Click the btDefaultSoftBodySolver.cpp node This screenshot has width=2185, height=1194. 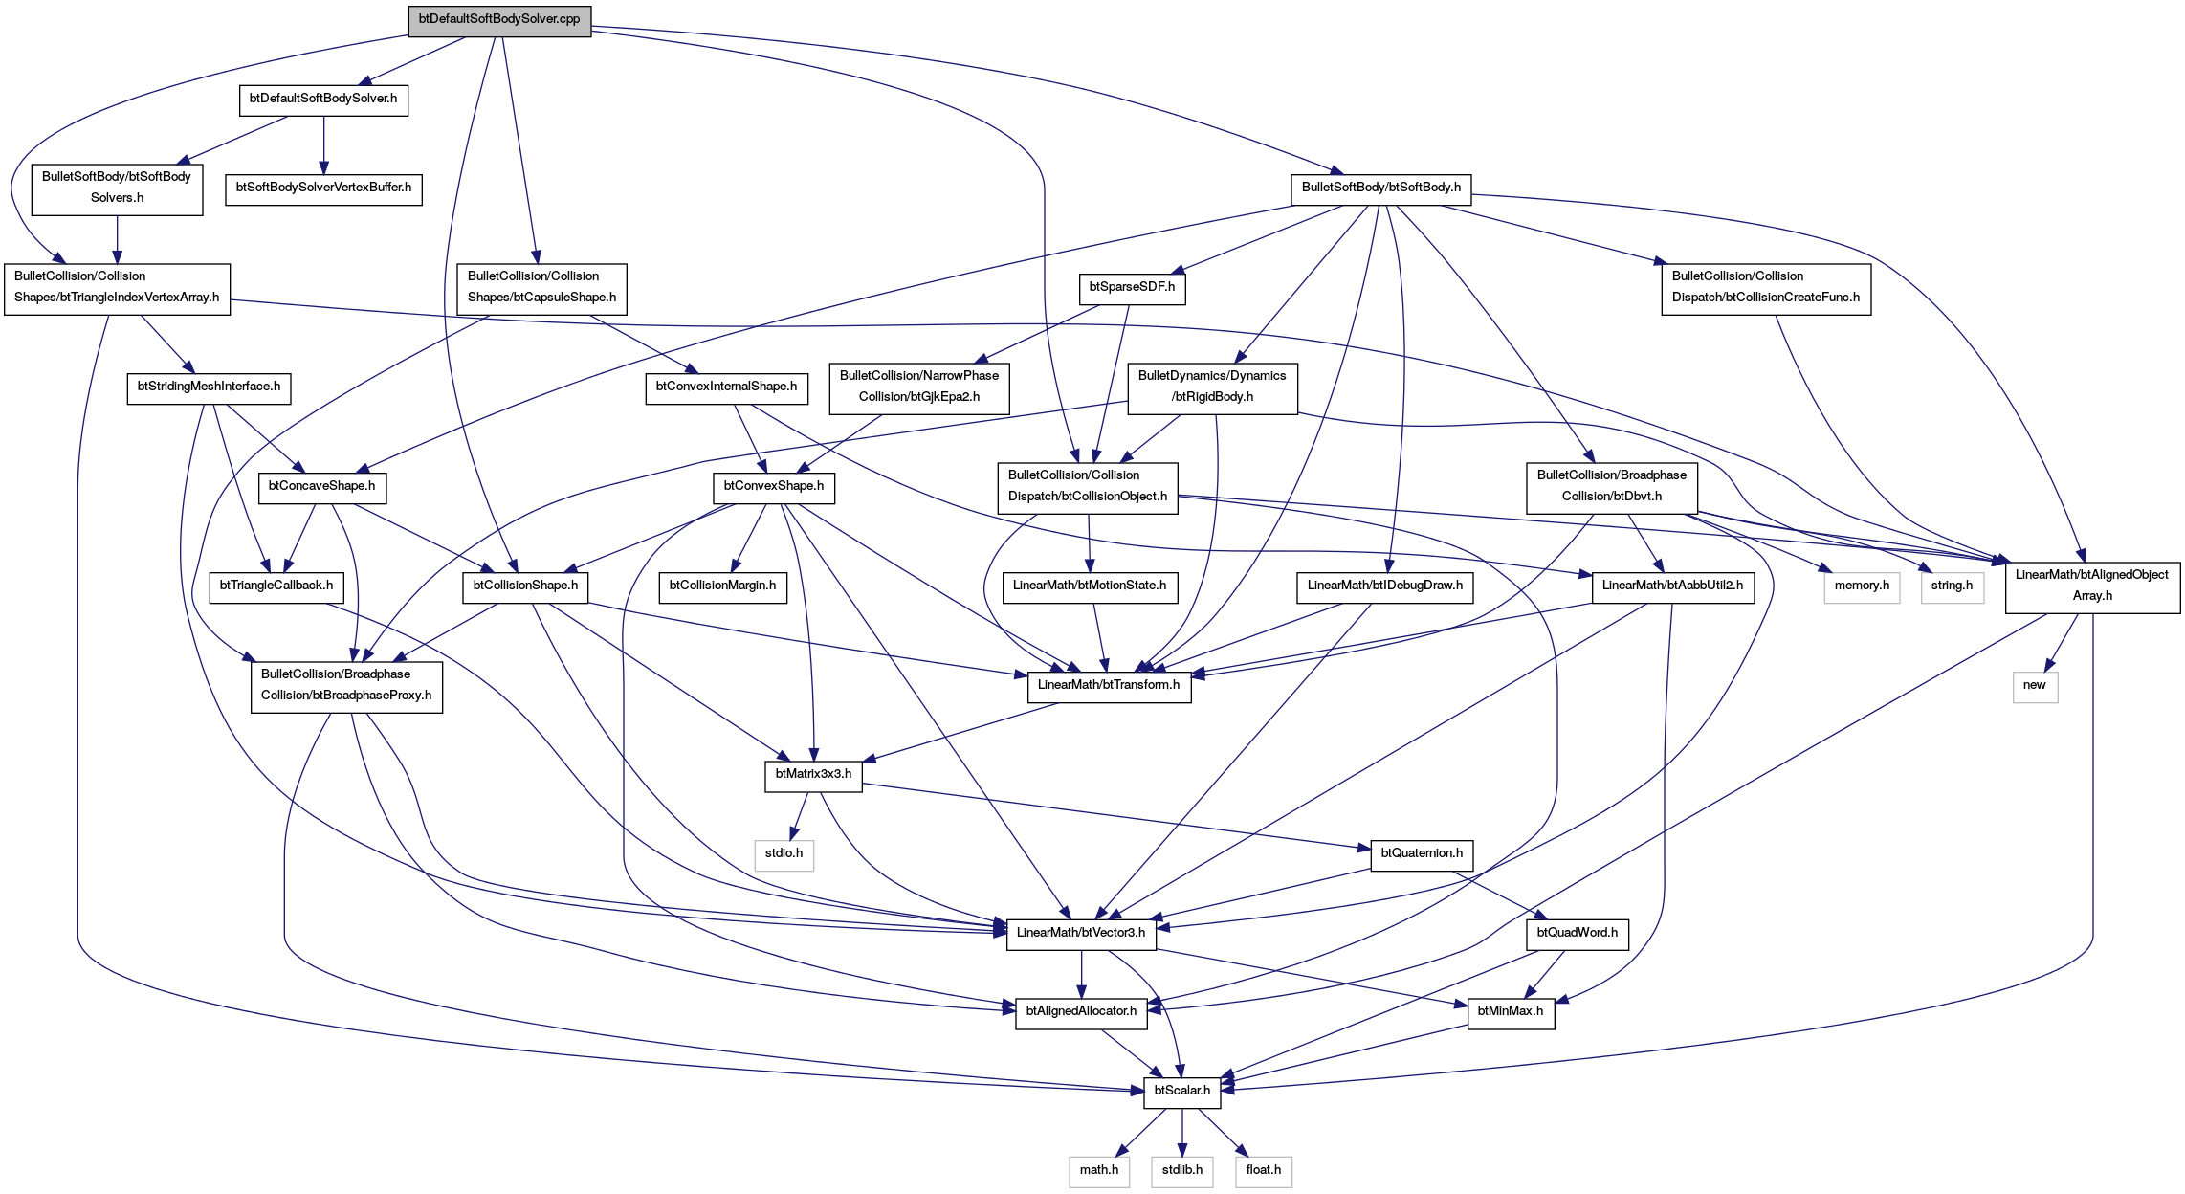point(499,20)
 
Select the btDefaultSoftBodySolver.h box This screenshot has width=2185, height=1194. point(323,99)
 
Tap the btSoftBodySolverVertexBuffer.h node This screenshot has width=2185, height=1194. point(323,188)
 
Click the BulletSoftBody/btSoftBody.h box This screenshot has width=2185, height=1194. point(1380,188)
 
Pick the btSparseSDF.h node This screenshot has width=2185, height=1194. point(1132,288)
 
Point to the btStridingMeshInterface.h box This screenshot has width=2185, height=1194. point(209,387)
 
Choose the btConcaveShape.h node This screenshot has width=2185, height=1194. point(321,487)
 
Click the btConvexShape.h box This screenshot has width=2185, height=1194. point(774,487)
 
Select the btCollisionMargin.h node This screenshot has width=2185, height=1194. point(722,586)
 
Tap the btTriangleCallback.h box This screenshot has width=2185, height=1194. point(276,586)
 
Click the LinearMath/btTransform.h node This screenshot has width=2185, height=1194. point(1109,686)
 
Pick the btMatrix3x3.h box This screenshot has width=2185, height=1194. point(813,775)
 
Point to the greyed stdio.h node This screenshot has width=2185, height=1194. point(784,854)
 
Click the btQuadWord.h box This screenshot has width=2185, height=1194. point(1577,934)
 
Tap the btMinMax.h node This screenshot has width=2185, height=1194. point(1511,1012)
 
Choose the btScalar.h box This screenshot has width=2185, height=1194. point(1182,1092)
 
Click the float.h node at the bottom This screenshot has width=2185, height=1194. point(1264,1171)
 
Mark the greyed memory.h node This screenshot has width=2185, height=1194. point(1862,586)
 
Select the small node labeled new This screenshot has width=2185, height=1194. point(2035,686)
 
